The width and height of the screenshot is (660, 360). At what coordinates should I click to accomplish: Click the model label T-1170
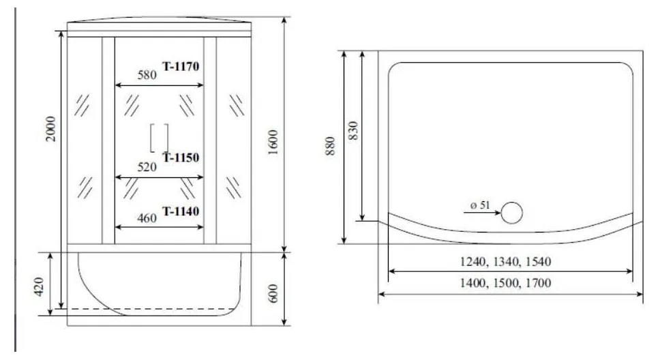coord(181,67)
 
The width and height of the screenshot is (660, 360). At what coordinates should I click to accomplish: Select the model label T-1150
coord(181,158)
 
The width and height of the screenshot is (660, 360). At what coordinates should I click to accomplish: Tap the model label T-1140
coord(181,211)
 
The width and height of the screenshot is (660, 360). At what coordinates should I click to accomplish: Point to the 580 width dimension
coord(147,75)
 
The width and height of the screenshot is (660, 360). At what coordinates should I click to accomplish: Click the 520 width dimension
coord(147,167)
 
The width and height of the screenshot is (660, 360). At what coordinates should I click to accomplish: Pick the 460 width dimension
coord(147,218)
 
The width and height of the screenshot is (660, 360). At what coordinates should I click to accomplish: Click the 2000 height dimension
coord(50,129)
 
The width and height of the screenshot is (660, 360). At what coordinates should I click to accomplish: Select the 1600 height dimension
coord(273,142)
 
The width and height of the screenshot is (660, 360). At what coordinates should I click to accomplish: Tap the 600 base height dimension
coord(273,293)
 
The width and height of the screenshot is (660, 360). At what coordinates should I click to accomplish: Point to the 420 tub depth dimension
coord(39,287)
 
